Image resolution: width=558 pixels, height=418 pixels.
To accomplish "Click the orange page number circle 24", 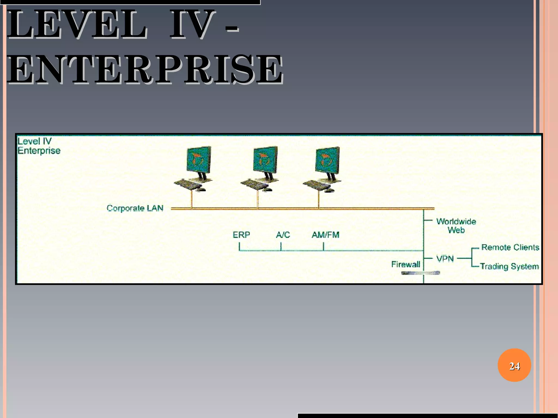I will tap(514, 365).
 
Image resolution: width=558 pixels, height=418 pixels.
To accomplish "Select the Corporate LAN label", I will tap(135, 208).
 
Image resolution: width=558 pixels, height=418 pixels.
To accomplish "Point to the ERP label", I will tap(241, 235).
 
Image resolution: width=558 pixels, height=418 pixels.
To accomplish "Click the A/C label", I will tap(283, 235).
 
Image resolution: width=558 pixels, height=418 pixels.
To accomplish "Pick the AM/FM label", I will tap(325, 235).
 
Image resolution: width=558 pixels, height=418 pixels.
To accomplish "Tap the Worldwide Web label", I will tap(456, 226).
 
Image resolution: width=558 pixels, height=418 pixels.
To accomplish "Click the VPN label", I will tap(445, 258).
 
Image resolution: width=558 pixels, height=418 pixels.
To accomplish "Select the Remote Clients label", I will tap(510, 247).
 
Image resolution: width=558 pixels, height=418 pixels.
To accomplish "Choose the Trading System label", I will tap(509, 266).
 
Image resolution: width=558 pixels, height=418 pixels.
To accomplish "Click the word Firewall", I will tap(405, 264).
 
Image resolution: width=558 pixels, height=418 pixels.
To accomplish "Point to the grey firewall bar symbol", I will tap(420, 273).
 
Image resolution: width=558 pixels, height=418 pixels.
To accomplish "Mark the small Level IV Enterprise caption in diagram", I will tap(39, 146).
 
